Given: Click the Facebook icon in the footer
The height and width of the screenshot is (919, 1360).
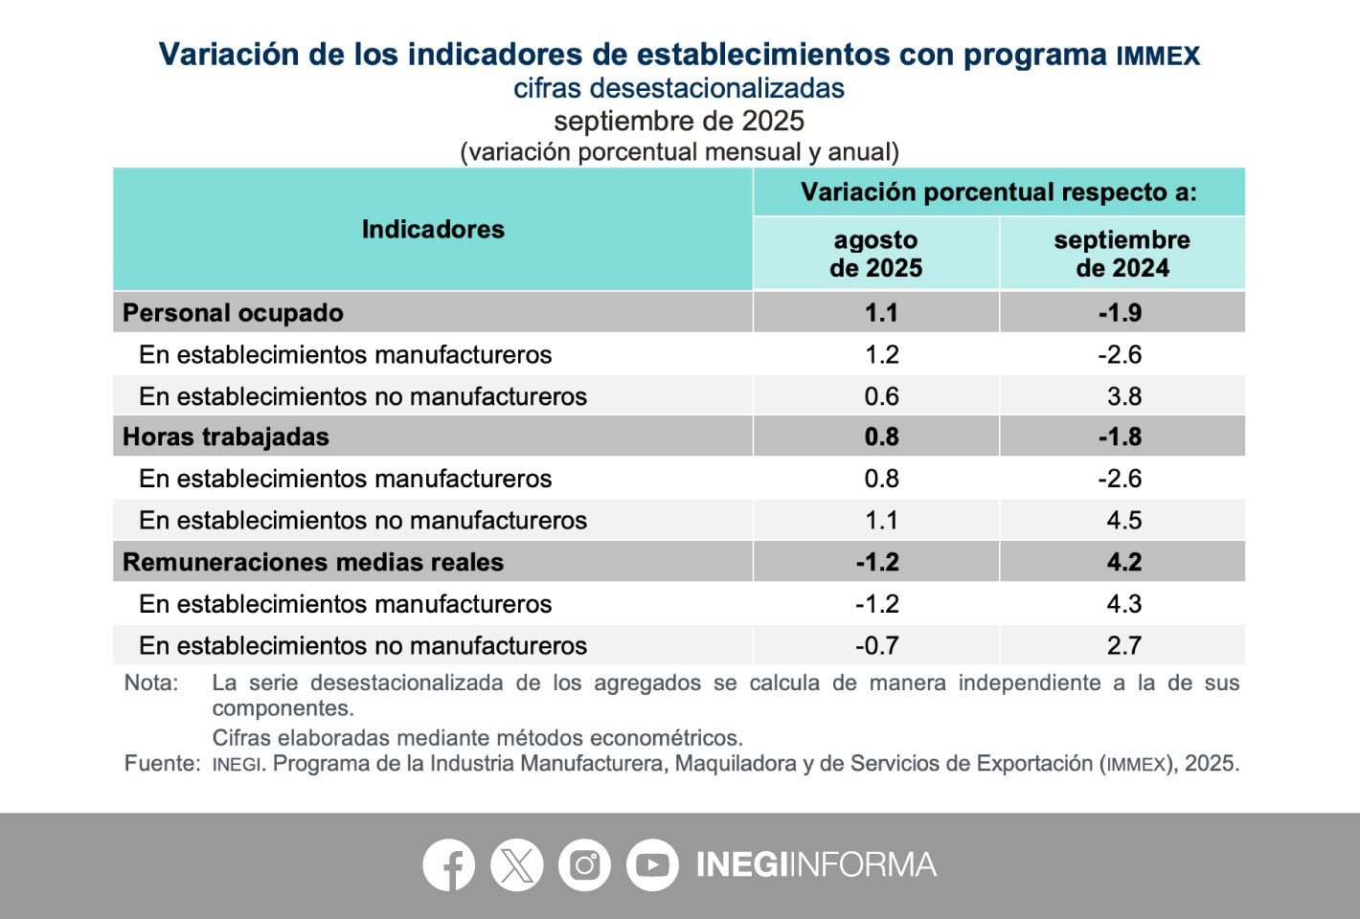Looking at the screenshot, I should pos(448,865).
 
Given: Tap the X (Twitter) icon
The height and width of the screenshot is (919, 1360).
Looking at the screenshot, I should pos(516,865).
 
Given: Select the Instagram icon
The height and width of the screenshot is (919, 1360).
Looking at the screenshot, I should pos(584,865).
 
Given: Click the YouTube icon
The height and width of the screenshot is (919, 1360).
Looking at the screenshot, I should pos(652,865).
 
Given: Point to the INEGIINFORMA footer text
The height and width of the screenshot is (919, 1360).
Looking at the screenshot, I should pos(816,865).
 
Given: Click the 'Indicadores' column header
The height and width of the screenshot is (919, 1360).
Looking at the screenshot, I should pos(433,230).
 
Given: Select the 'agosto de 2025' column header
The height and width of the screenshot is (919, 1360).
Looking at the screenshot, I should pos(875,254).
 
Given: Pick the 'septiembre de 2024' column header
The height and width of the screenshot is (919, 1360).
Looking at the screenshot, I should pos(1122,254).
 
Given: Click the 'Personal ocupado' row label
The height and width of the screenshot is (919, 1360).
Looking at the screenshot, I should pos(233,313).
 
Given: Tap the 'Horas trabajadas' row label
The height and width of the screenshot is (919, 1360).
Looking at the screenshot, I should pos(226,437).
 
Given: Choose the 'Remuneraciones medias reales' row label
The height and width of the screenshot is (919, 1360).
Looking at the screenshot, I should pos(313,562).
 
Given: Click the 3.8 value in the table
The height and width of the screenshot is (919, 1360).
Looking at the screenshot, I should pos(1123,396).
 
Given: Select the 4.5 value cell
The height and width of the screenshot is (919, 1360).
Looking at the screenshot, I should pos(1123,521).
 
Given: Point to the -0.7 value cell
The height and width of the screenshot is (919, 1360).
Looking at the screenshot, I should pos(876,646).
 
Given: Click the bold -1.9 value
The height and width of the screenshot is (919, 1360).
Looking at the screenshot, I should pos(1120,313).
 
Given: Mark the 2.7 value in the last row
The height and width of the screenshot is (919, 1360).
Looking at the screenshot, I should pos(1123,646).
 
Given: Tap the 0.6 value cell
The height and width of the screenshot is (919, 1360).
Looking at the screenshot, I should pos(881,396).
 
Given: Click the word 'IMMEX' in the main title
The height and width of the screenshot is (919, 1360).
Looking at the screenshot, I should pos(1157,56).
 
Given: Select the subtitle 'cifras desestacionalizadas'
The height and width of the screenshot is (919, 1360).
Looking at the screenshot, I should pos(678,88).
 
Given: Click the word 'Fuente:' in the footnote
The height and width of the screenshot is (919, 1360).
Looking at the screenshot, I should pos(162,764).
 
